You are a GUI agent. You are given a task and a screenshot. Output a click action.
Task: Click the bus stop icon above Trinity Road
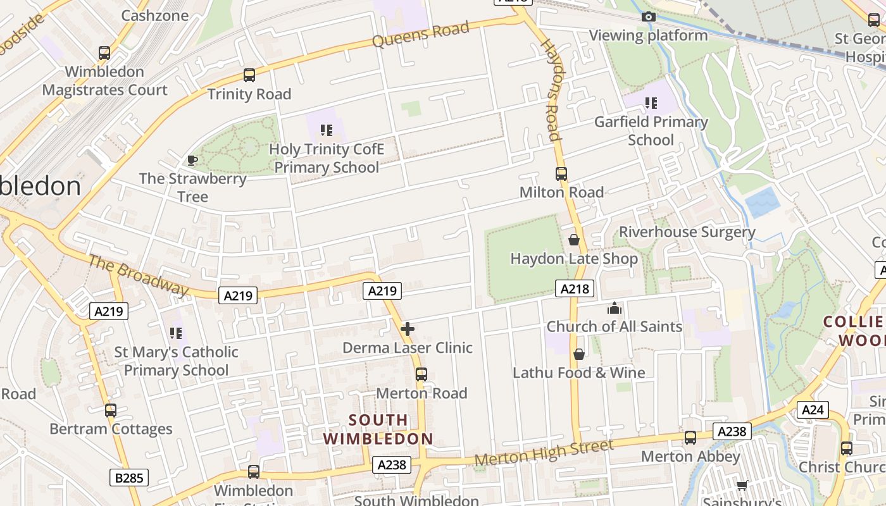(x=249, y=75)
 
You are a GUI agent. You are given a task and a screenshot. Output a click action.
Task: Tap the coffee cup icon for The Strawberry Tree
(x=192, y=160)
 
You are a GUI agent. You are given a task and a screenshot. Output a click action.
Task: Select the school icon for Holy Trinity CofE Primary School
(x=327, y=130)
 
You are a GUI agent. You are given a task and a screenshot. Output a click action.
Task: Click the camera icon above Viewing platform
(x=648, y=17)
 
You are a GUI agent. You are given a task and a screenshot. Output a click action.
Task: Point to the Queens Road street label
(x=420, y=34)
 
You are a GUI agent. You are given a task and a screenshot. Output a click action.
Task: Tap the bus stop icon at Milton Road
(x=561, y=173)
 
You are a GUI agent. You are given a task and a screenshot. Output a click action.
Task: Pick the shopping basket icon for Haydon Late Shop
(x=574, y=240)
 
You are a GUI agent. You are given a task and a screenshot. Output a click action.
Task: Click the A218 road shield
(x=575, y=289)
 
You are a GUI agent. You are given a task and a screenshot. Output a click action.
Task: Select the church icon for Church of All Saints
(x=614, y=309)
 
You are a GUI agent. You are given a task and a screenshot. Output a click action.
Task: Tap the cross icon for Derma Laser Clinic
(x=408, y=329)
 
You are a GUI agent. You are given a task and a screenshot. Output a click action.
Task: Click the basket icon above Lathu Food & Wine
(x=578, y=354)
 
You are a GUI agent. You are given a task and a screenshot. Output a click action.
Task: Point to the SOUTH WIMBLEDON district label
(x=378, y=429)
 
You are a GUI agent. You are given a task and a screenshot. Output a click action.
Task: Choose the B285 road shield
(x=130, y=478)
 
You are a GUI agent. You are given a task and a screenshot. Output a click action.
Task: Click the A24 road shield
(x=813, y=410)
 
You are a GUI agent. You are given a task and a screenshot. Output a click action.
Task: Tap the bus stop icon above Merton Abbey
(x=690, y=437)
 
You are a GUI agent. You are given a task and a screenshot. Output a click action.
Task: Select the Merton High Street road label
(x=544, y=453)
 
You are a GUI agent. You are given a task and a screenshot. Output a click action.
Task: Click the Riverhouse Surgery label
(x=687, y=232)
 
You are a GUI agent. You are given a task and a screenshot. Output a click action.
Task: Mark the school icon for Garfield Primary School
(x=651, y=102)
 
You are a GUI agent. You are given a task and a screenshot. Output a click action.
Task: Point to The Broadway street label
(x=139, y=275)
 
